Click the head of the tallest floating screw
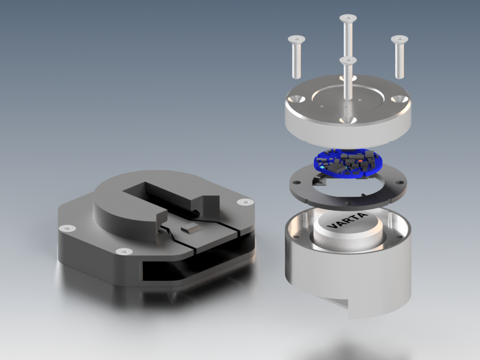(348, 18)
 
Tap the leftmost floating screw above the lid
(296, 57)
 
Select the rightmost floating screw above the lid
(399, 57)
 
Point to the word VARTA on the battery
(347, 220)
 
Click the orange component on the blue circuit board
(360, 161)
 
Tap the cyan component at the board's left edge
(322, 168)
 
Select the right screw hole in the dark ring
(399, 183)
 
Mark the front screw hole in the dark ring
(348, 202)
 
